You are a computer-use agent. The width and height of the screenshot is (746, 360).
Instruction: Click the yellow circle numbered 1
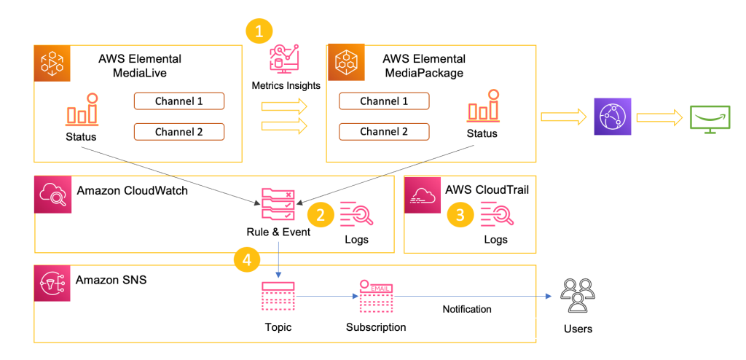[259, 31]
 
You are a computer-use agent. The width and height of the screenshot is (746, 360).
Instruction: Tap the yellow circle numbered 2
[321, 214]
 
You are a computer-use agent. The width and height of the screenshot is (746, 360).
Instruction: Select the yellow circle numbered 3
[460, 214]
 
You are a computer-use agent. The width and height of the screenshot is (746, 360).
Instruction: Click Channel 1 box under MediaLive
[178, 101]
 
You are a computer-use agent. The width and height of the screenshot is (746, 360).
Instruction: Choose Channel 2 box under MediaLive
[178, 132]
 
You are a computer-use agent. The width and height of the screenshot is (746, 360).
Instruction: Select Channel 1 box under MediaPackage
[383, 101]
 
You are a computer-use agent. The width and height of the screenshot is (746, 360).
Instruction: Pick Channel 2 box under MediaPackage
[383, 132]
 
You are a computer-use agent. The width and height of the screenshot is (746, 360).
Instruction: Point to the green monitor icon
[710, 116]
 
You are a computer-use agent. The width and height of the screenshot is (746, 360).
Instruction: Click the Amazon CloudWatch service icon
[52, 195]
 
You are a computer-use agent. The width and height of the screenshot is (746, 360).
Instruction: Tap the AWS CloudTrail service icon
[423, 195]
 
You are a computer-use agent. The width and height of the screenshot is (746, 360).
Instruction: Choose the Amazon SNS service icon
[52, 284]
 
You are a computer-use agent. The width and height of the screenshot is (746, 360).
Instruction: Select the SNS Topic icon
[277, 298]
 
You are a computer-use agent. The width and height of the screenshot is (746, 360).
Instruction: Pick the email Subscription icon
[375, 297]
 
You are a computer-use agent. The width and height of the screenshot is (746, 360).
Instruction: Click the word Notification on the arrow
[467, 310]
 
